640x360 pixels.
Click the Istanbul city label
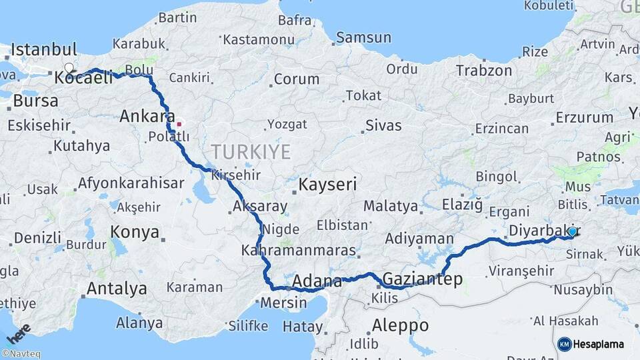pos(44,50)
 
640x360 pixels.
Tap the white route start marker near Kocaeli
pos(69,68)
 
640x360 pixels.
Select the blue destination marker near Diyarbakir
pos(572,231)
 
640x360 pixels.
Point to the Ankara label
pos(147,117)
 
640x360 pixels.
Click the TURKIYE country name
pos(251,152)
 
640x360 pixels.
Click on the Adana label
pos(317,281)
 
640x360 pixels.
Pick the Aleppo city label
pos(400,325)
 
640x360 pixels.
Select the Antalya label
pos(116,289)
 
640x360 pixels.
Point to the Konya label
pos(135,232)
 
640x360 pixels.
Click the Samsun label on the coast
pos(363,37)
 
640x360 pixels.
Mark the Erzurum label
pos(584,117)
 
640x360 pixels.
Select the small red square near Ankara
pos(179,124)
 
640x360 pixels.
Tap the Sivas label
pos(383,125)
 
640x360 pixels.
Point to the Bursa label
pos(31,101)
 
